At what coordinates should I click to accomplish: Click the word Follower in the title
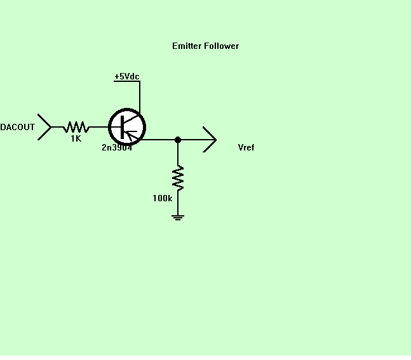[222, 46]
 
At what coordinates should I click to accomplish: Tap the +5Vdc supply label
[127, 76]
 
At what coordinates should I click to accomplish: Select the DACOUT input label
[17, 127]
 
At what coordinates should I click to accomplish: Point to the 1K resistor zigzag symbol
[76, 127]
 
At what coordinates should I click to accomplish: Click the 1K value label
[76, 138]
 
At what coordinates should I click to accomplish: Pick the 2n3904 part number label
[117, 147]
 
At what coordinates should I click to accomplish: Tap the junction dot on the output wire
[178, 140]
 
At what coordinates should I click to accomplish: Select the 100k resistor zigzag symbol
[178, 178]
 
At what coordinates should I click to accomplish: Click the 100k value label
[162, 198]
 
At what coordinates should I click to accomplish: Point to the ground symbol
[178, 218]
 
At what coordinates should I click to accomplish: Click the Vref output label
[246, 147]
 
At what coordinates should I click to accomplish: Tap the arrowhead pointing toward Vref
[215, 140]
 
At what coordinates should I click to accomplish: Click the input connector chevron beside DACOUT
[51, 127]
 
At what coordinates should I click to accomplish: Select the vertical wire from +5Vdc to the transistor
[140, 98]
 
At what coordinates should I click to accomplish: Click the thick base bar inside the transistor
[122, 128]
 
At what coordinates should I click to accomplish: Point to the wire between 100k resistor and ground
[178, 203]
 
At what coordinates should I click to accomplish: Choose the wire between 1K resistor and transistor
[99, 127]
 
